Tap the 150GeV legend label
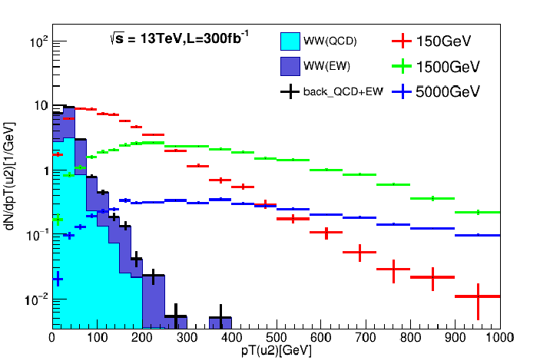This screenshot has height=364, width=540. coord(443,40)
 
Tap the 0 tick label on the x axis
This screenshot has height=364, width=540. coord(51,336)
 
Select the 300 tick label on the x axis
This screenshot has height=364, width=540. coord(186,336)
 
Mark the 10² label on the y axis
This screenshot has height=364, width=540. coord(38,42)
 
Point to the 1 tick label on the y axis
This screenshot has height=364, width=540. coord(43,170)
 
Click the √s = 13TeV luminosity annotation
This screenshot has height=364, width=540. coord(179,38)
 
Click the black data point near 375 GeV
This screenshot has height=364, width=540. coord(220,317)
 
